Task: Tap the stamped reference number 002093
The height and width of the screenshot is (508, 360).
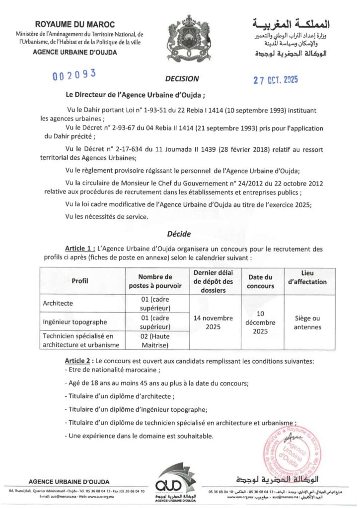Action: [74, 75]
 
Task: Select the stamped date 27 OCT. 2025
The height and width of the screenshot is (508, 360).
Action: [276, 80]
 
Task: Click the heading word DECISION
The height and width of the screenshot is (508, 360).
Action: [182, 78]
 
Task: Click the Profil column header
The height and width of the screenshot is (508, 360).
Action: [80, 281]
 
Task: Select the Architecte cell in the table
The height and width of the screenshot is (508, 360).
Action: [58, 303]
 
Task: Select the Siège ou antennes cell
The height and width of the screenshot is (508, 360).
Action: [307, 322]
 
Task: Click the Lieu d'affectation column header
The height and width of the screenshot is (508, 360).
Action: [307, 277]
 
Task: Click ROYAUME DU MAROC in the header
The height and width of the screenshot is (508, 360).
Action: [75, 24]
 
